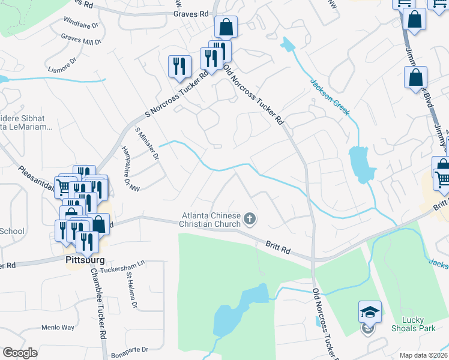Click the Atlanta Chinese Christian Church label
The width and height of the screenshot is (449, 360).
(211, 220)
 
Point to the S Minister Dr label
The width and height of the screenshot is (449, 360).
(146, 143)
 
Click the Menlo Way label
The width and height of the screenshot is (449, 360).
(58, 328)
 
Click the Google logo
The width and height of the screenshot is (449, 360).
(20, 353)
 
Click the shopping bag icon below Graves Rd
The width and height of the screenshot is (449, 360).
(226, 27)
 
